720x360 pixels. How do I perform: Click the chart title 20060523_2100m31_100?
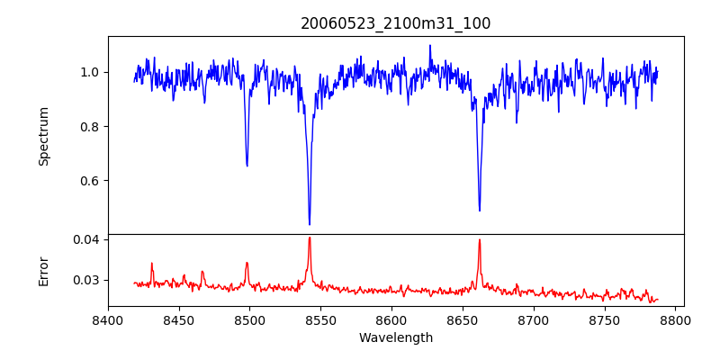pos(396,23)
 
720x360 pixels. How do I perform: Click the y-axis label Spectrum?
pos(43,136)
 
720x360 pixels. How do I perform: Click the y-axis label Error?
pos(43,270)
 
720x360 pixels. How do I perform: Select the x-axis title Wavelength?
pos(396,338)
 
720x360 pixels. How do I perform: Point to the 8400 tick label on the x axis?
pos(108,319)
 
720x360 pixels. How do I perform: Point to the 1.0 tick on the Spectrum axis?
pos(90,72)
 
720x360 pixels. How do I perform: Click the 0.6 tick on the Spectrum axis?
pos(90,181)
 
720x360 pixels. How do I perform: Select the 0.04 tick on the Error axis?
pos(86,239)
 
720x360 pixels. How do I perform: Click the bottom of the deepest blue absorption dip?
pos(310,224)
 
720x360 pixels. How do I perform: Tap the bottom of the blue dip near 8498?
pos(247,166)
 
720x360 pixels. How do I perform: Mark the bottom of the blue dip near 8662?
pos(480,211)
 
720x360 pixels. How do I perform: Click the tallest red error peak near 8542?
pos(310,238)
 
